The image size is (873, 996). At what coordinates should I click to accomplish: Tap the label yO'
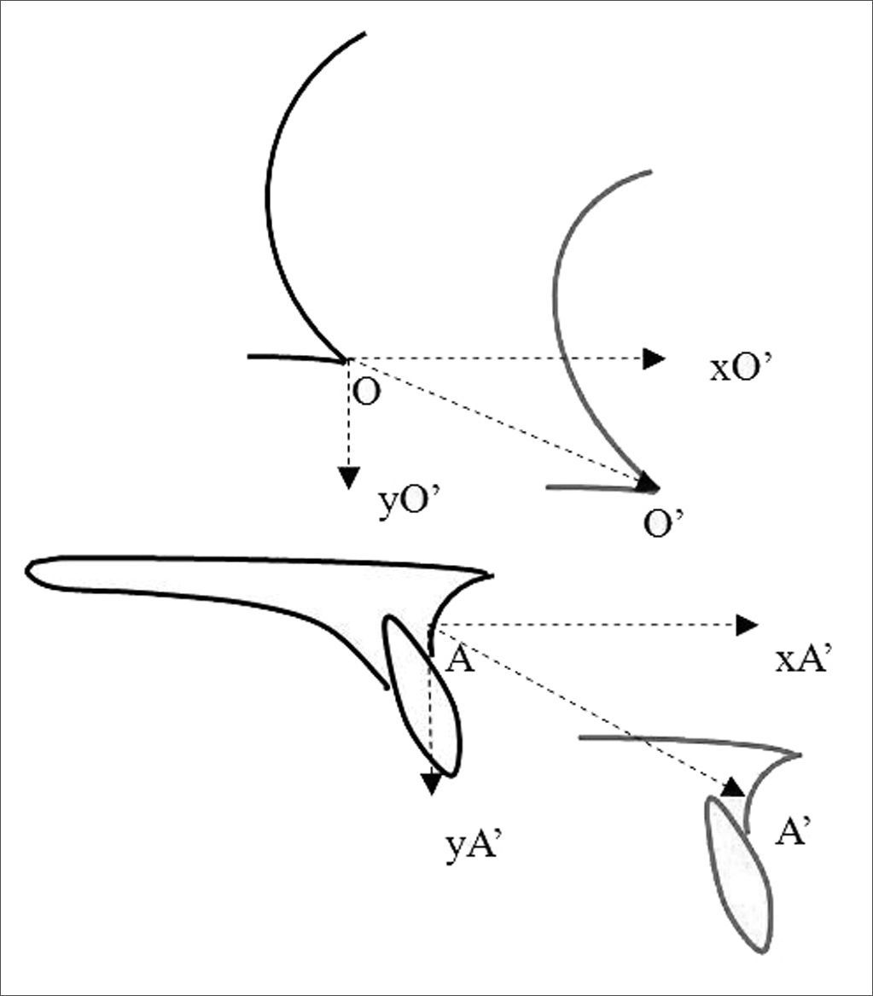click(409, 504)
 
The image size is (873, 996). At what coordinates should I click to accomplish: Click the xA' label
click(803, 661)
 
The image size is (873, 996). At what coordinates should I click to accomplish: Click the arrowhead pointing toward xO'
click(655, 359)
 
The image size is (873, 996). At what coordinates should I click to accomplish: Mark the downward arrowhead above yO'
click(346, 478)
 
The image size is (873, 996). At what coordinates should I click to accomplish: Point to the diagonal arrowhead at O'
click(648, 483)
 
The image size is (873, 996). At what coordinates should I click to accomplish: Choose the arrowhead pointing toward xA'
click(747, 626)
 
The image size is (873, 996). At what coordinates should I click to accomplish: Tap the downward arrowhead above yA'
click(432, 782)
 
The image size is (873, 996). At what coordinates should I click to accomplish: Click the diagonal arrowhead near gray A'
click(732, 787)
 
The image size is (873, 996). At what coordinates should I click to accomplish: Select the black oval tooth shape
click(423, 696)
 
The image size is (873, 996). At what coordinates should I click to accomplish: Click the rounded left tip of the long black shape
click(31, 573)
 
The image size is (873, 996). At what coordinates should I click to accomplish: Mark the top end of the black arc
click(364, 34)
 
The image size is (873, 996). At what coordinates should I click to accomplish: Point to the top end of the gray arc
click(650, 172)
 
